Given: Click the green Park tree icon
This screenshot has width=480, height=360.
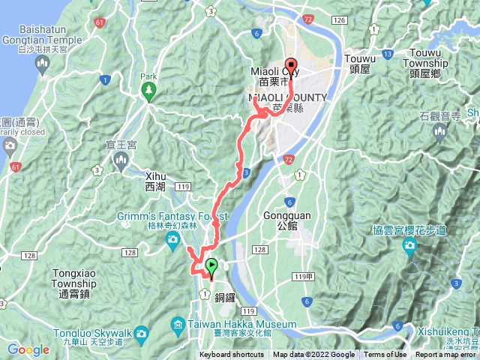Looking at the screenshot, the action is (148, 91).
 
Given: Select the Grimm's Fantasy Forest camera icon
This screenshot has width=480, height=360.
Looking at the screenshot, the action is (173, 239).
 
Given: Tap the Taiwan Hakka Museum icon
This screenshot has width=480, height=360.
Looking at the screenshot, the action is (178, 324).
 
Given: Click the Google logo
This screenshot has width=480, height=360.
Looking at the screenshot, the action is (28, 349).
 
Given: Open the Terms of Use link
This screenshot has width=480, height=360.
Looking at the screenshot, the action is (385, 355).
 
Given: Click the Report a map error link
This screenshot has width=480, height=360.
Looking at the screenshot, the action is (446, 355).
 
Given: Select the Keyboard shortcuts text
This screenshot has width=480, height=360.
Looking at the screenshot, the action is (232, 355).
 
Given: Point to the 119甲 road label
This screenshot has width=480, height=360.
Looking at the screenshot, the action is (304, 277).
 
